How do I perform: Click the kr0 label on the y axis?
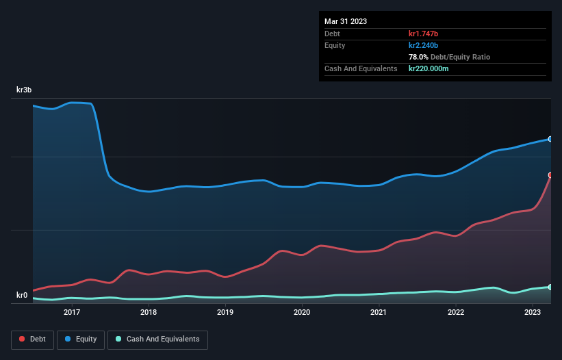click(x=23, y=296)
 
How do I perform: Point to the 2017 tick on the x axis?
click(x=72, y=312)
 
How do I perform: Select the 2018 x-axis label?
click(x=149, y=312)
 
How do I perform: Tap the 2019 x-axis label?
click(x=225, y=312)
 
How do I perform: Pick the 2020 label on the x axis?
click(x=302, y=312)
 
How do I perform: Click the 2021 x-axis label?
click(x=379, y=312)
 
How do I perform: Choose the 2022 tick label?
click(x=456, y=312)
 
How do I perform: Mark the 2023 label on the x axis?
click(x=533, y=312)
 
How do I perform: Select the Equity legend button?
click(x=81, y=339)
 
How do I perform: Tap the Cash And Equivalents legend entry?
click(x=157, y=339)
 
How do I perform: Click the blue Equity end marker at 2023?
click(x=550, y=139)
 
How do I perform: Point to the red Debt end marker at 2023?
click(x=550, y=175)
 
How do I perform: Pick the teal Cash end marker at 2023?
click(x=550, y=287)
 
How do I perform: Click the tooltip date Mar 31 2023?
click(x=346, y=21)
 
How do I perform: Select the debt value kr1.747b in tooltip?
click(x=423, y=34)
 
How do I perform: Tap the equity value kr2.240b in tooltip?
click(x=423, y=45)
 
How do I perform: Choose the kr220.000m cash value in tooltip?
click(x=429, y=68)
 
